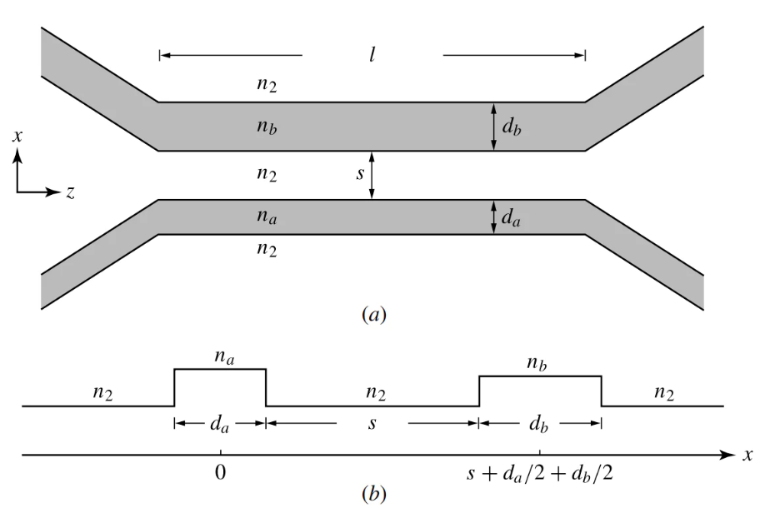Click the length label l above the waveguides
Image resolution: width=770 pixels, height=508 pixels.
(x=372, y=56)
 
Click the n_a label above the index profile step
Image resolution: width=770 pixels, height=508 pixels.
(x=220, y=356)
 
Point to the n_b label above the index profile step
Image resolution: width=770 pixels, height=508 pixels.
(x=540, y=364)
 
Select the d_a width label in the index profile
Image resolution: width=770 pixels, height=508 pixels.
(x=220, y=423)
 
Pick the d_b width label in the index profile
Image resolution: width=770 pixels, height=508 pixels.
(x=540, y=423)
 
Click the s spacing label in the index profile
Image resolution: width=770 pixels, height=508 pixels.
(x=372, y=423)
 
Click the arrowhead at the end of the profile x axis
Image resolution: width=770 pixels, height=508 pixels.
(x=730, y=456)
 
